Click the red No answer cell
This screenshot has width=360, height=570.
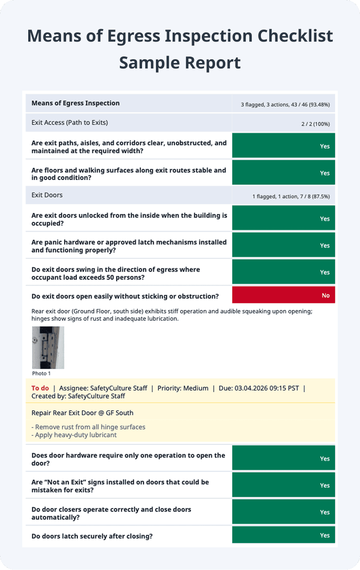tap(283, 295)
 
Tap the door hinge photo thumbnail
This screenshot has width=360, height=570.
tap(48, 347)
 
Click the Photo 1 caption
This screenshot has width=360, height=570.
tap(42, 373)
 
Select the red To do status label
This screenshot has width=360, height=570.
tap(40, 388)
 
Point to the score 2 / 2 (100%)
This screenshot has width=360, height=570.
tap(315, 124)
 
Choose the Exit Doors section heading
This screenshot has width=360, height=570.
tap(47, 195)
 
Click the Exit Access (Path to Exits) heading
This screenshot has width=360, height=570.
tap(69, 123)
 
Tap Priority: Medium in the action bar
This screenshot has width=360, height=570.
tap(183, 388)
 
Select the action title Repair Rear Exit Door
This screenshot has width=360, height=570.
tap(82, 413)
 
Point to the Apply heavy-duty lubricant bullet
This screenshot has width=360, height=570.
tap(74, 435)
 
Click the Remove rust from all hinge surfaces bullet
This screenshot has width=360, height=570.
tap(88, 427)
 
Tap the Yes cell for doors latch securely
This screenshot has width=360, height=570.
tap(283, 535)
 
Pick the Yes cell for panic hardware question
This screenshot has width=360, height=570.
tap(283, 245)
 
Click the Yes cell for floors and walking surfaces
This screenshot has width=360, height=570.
tap(283, 173)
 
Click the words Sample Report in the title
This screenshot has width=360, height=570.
tap(180, 62)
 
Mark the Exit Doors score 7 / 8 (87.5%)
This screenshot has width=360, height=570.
tap(306, 197)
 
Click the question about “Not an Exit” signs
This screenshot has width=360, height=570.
tap(120, 486)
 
